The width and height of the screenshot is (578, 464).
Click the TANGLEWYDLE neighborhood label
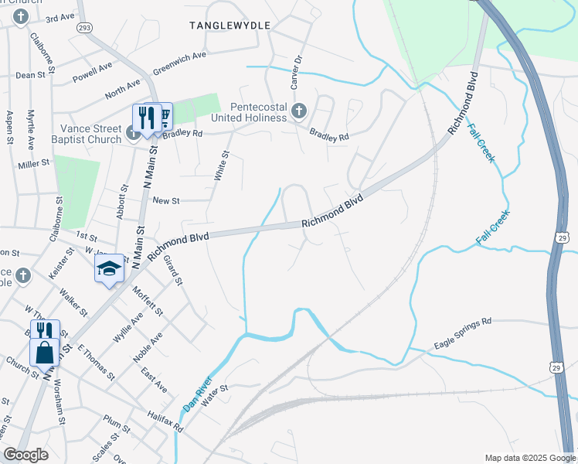230,26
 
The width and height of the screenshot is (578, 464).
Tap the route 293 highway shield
85,27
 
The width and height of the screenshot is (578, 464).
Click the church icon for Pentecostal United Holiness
300,113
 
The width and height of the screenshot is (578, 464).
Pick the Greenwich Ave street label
179,62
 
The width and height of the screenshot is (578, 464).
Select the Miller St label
33,164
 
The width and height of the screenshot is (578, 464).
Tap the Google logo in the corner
25,455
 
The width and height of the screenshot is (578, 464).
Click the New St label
165,200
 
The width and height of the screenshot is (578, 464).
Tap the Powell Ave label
93,72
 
